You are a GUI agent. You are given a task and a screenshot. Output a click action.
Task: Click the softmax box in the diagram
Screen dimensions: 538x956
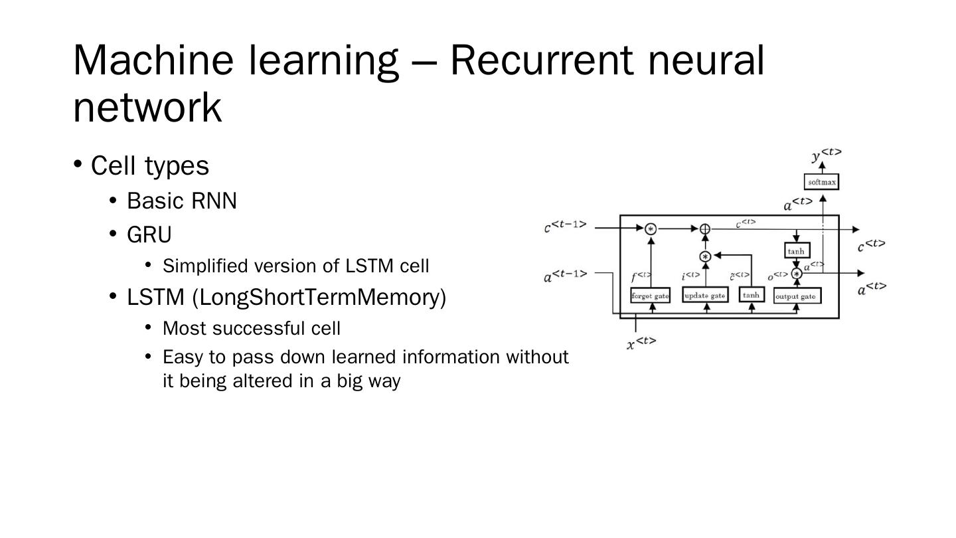(x=821, y=181)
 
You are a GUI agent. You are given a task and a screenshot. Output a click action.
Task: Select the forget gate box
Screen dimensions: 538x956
(x=650, y=296)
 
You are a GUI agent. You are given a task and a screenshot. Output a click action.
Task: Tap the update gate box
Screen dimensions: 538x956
(x=704, y=296)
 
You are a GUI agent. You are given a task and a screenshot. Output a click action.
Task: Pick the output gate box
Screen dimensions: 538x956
(x=797, y=296)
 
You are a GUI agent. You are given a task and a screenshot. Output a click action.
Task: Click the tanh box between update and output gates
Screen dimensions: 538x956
(x=752, y=295)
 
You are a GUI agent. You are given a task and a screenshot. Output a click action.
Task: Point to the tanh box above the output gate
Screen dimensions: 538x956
(x=796, y=250)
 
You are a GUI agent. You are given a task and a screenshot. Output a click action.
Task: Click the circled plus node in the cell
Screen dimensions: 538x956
(x=705, y=229)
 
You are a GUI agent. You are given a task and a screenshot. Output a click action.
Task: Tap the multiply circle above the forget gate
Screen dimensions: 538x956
(x=651, y=229)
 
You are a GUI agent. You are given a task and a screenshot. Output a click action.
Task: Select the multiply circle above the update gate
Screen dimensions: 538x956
(x=705, y=256)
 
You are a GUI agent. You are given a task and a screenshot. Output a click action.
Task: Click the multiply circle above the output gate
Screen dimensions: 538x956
(x=797, y=274)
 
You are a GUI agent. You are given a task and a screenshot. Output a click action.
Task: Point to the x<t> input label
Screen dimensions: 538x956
(x=641, y=343)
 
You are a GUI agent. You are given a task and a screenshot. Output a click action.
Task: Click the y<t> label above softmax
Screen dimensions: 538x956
(x=826, y=155)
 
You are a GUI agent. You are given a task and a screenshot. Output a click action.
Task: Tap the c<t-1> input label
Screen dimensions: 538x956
(x=566, y=226)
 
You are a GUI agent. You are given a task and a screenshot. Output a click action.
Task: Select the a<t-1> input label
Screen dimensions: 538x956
(x=566, y=275)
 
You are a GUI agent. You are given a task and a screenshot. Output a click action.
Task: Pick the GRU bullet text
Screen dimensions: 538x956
(x=149, y=235)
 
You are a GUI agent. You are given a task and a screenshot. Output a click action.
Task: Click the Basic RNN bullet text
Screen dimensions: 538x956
(x=181, y=201)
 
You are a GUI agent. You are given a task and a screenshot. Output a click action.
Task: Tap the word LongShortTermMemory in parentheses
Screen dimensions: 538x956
(x=319, y=297)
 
